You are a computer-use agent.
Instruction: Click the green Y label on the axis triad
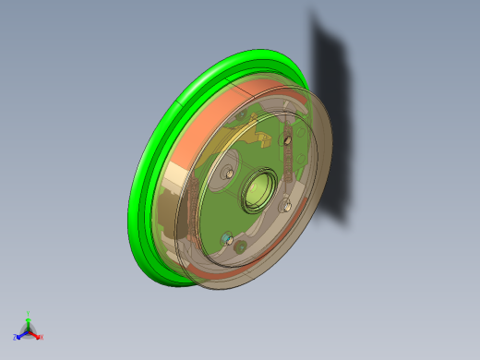click(x=29, y=314)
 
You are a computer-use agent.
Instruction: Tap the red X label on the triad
click(x=42, y=337)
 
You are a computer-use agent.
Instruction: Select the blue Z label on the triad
click(x=15, y=338)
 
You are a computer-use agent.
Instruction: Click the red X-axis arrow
click(x=35, y=333)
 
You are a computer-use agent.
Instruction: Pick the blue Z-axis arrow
click(x=21, y=333)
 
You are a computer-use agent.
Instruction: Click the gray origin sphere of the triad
click(x=28, y=330)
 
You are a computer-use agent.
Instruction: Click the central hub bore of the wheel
click(x=256, y=190)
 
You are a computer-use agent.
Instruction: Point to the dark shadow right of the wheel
click(x=332, y=120)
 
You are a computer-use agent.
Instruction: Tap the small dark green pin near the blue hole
click(x=241, y=247)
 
